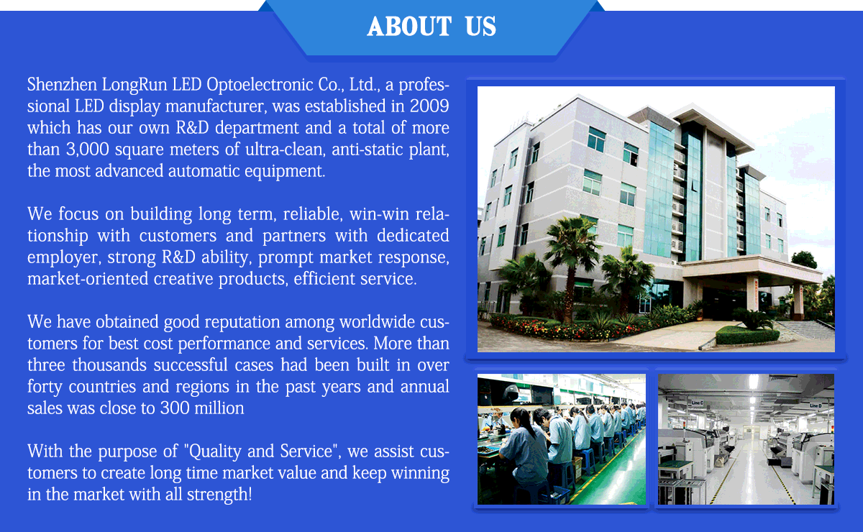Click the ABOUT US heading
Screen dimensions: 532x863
click(431, 27)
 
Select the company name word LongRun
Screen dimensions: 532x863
click(134, 85)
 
